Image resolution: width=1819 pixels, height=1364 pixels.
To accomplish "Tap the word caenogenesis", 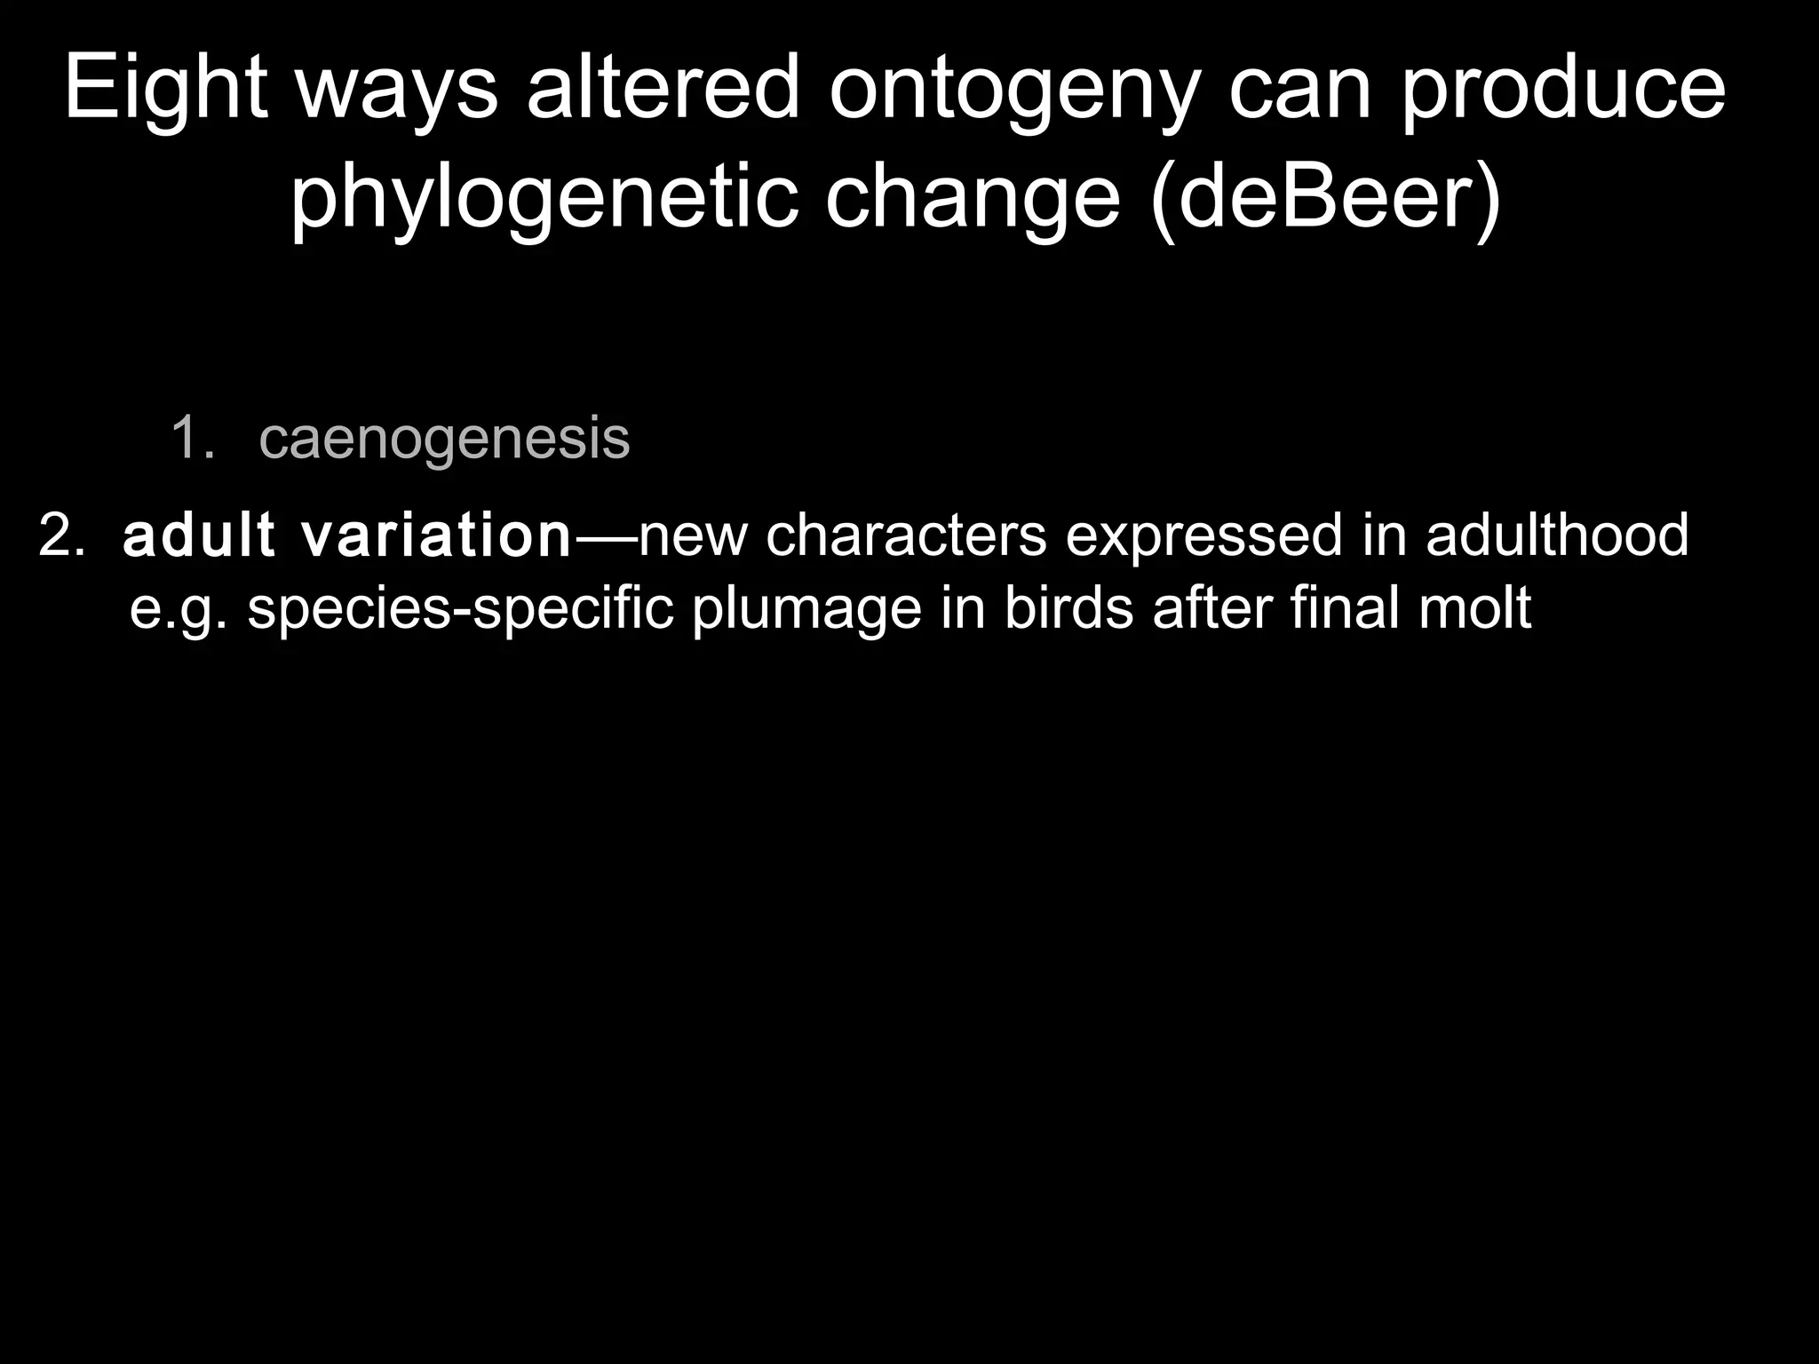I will (444, 438).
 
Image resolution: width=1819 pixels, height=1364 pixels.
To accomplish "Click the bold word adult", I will (199, 536).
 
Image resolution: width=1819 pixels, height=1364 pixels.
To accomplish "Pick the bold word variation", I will (436, 536).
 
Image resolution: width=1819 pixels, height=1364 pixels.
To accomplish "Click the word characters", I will (906, 536).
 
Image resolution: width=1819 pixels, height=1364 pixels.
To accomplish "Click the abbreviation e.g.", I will (179, 610).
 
